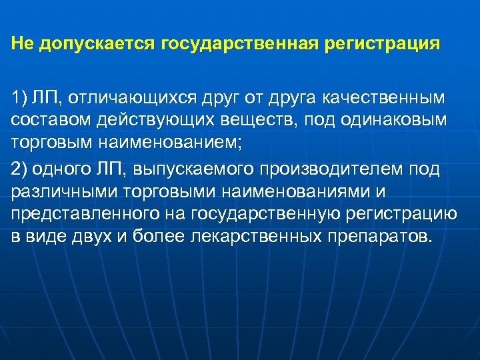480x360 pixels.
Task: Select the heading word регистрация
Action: coord(383,44)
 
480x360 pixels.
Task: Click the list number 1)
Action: coord(19,99)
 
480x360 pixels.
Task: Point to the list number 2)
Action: coord(19,169)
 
